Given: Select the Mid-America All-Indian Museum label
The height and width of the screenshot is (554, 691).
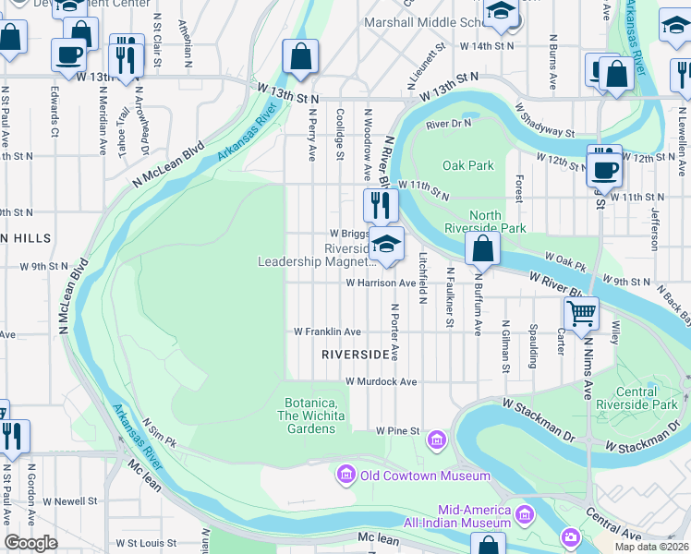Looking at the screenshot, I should (474, 516).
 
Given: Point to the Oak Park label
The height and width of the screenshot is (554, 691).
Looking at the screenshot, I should (468, 166).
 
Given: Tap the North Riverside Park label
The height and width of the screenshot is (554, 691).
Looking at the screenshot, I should (485, 222).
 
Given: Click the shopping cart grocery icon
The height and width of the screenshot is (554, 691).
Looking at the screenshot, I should (581, 313).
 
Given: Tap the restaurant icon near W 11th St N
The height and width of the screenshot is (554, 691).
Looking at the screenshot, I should (381, 204).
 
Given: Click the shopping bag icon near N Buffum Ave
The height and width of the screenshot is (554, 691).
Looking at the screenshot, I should (483, 247).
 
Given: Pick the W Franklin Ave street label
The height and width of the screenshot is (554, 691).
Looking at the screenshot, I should (327, 331).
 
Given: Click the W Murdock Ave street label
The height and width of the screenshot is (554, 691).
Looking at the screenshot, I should (382, 381).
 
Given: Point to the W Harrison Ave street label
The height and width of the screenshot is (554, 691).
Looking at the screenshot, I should (382, 283).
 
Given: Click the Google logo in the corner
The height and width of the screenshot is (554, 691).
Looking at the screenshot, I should (30, 543).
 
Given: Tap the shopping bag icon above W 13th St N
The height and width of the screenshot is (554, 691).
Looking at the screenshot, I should (300, 57).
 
